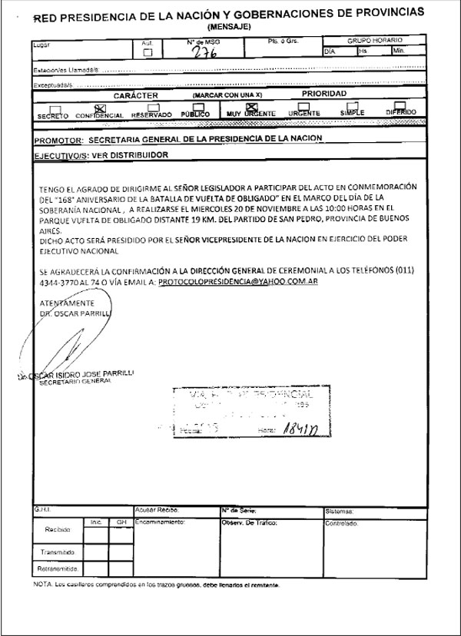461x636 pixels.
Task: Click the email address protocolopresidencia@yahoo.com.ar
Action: tap(238, 283)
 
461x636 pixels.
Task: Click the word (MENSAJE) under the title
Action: tap(230, 26)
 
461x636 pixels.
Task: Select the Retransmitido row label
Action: tap(55, 569)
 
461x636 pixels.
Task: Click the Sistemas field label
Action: tap(340, 510)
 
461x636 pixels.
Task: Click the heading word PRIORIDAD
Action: tap(324, 94)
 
